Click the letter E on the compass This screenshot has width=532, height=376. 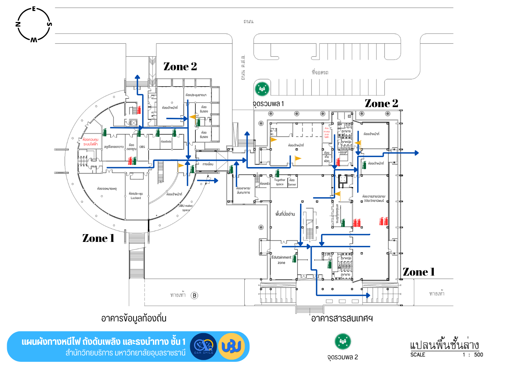34,9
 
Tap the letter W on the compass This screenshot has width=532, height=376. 34,39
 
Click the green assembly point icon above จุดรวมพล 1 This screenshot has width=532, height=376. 262,89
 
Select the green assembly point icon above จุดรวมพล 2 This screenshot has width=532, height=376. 343,341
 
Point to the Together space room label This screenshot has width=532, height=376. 279,182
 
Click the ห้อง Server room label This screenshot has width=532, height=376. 292,182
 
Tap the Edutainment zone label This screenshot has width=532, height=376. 281,260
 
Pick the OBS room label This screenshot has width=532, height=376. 142,147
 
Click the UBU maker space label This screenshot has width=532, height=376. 185,208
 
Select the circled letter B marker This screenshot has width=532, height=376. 194,295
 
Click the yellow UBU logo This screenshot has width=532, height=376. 232,346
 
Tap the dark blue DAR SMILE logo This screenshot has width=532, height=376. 204,346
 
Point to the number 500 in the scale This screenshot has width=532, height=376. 478,355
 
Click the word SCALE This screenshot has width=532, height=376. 417,355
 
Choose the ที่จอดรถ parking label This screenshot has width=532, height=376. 320,72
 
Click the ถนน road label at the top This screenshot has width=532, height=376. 248,22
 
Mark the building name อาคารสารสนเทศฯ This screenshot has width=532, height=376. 342,319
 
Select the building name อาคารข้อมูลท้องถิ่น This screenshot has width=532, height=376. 134,318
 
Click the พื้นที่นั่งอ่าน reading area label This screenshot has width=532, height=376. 285,214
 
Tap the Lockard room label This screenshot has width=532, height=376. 136,198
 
